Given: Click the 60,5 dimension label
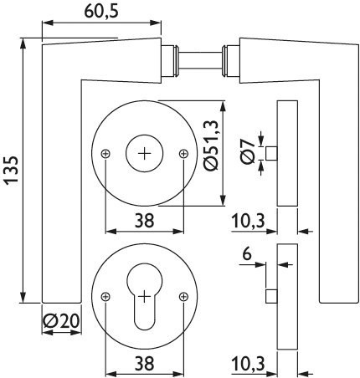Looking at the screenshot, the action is tap(101, 11).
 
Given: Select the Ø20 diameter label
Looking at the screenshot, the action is tap(61, 321).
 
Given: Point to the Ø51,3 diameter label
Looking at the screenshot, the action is tap(210, 146).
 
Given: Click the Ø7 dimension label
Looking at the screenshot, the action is tap(248, 152).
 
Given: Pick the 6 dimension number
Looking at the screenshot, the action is tap(247, 254).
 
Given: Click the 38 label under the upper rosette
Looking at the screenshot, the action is tap(144, 220).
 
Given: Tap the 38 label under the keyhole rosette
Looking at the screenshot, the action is tap(144, 363).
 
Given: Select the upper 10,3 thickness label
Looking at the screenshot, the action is tap(248, 222).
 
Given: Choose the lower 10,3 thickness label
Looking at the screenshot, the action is tap(248, 364).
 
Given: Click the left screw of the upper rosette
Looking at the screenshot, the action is tap(105, 154).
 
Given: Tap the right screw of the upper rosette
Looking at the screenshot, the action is tap(183, 154).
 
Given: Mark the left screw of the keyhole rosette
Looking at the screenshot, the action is tap(105, 297).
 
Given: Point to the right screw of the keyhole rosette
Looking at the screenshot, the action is tap(183, 297).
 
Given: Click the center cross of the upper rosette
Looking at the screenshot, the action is tap(145, 154).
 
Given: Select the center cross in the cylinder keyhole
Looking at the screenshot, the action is tap(145, 297).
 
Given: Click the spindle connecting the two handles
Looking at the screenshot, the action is tap(200, 60).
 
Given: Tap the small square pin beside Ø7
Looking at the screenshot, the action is tap(271, 153).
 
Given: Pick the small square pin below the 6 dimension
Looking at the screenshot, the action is tap(271, 296).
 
